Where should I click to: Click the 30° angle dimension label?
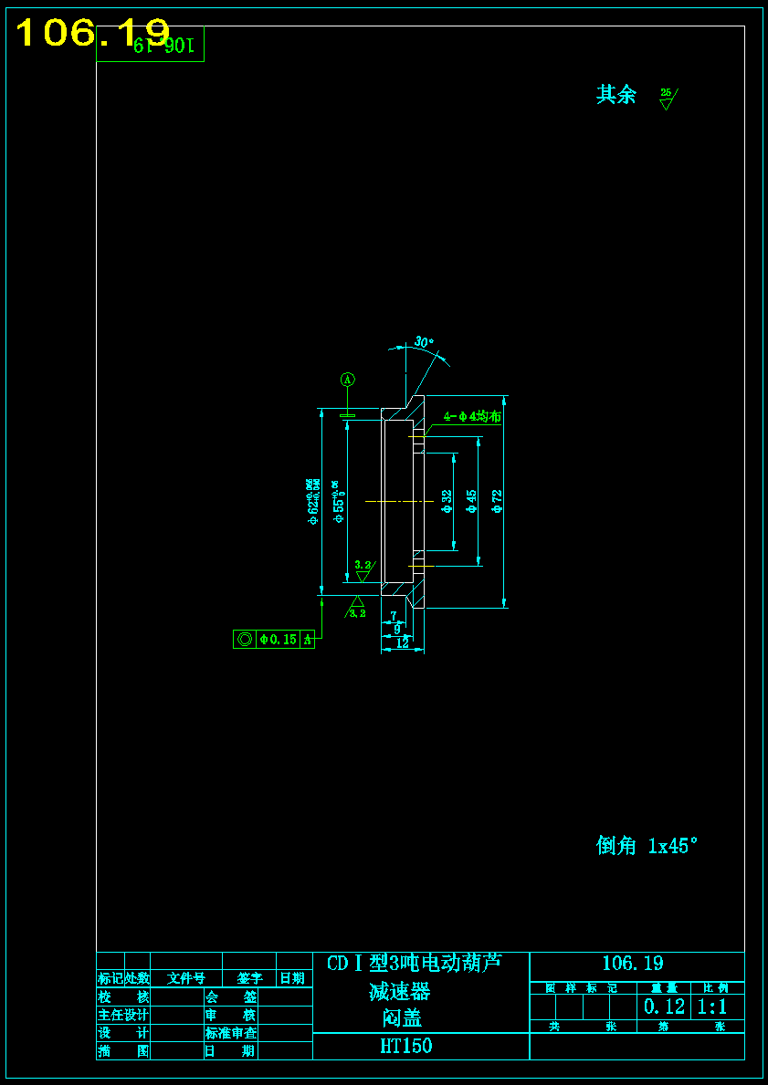pyautogui.click(x=424, y=342)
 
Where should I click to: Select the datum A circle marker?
pyautogui.click(x=347, y=379)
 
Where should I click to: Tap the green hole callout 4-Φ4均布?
pyautogui.click(x=472, y=416)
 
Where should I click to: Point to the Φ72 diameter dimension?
pyautogui.click(x=498, y=501)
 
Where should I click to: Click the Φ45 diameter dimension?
pyautogui.click(x=472, y=501)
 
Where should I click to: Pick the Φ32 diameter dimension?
pyautogui.click(x=447, y=501)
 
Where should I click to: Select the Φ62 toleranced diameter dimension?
pyautogui.click(x=313, y=503)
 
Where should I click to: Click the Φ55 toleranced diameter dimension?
pyautogui.click(x=338, y=502)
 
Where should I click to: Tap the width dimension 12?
pyautogui.click(x=402, y=643)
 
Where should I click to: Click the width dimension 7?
pyautogui.click(x=394, y=616)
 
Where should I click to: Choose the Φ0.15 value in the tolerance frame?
pyautogui.click(x=279, y=640)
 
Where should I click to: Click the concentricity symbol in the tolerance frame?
pyautogui.click(x=245, y=640)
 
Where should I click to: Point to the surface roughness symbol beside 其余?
pyautogui.click(x=668, y=97)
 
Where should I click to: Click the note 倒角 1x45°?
pyautogui.click(x=647, y=846)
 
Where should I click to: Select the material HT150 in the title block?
pyautogui.click(x=406, y=1047)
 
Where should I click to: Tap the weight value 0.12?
pyautogui.click(x=665, y=1007)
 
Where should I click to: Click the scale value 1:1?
pyautogui.click(x=712, y=1007)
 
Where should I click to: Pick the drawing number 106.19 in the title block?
pyautogui.click(x=633, y=964)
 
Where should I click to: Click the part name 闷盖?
pyautogui.click(x=402, y=1018)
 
